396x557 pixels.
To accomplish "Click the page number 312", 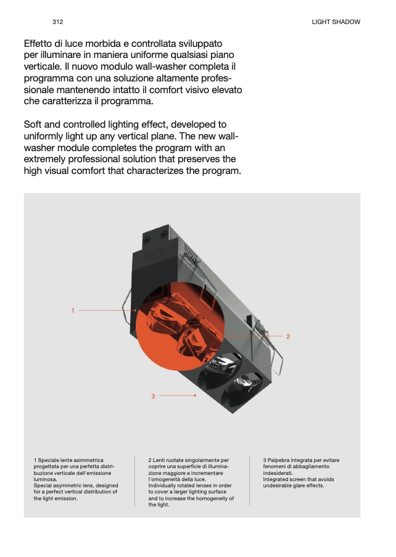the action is pos(57,22).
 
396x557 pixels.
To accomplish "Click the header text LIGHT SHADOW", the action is pos(336,22).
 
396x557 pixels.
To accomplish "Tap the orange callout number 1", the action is pos(73,310).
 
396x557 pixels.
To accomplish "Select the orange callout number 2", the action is pos(288,336).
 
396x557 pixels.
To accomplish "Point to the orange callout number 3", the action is pos(153,396).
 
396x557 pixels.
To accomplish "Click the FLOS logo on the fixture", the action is pos(155,255).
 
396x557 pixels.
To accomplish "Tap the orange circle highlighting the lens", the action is pos(180,326).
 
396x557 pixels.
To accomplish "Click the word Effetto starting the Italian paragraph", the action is pos(38,44).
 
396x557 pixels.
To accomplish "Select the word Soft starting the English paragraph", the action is pos(33,125).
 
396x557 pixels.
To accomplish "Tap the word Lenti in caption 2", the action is pos(159,460).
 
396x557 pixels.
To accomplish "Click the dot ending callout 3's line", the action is pos(195,395).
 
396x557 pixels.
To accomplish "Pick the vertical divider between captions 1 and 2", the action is pos(135,481).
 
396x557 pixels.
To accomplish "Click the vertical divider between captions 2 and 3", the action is pos(250,481).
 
